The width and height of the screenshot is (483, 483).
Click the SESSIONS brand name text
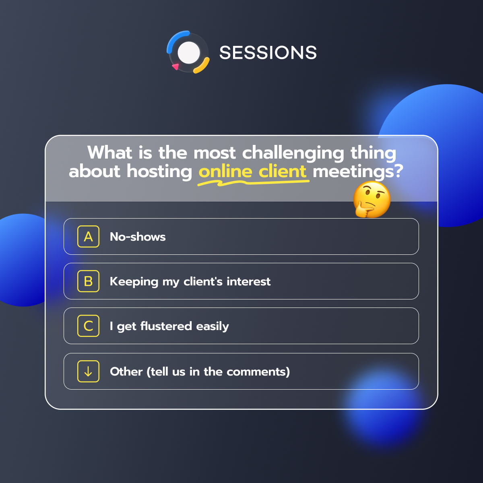tap(268, 53)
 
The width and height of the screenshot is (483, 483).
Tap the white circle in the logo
tap(189, 53)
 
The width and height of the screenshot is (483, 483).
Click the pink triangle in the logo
tap(175, 66)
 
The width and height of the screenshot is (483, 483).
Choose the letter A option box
tap(88, 237)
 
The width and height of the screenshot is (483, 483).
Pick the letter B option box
tap(88, 281)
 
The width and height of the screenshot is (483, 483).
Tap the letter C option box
tap(88, 326)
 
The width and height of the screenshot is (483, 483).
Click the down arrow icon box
tap(88, 372)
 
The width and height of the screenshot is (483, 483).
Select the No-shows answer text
tap(138, 237)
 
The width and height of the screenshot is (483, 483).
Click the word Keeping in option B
tap(134, 282)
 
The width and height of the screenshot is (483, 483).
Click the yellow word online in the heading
tap(225, 172)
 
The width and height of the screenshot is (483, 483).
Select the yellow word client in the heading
tap(283, 172)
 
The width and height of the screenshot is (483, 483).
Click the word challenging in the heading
tap(293, 153)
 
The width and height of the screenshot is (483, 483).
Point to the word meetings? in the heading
tap(358, 172)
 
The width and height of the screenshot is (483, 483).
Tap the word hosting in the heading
tap(160, 172)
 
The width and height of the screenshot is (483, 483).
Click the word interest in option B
tap(248, 281)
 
